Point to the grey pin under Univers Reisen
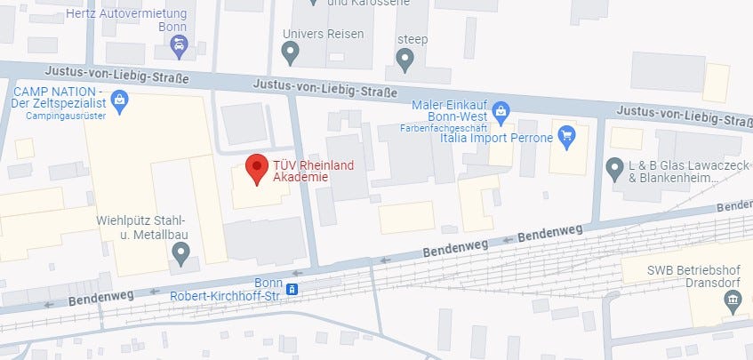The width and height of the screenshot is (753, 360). pyautogui.click(x=289, y=54)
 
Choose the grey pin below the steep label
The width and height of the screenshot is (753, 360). pyautogui.click(x=405, y=60)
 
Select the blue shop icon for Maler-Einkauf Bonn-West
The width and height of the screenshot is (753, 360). pyautogui.click(x=501, y=111)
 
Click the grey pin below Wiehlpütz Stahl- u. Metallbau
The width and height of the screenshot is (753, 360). pyautogui.click(x=181, y=255)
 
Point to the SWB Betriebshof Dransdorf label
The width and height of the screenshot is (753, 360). pyautogui.click(x=685, y=276)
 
